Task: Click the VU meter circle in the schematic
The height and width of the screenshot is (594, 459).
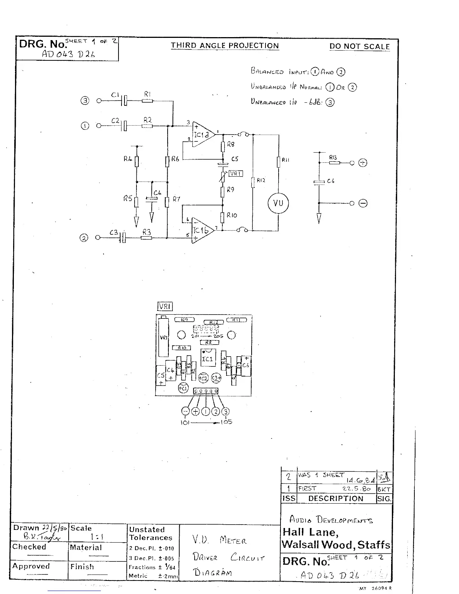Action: (278, 204)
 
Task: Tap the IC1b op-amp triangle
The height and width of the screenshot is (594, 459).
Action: (202, 230)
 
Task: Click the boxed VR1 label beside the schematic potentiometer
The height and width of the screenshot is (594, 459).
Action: (236, 173)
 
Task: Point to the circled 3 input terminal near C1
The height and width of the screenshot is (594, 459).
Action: (85, 100)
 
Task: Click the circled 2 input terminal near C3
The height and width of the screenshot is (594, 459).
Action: (84, 238)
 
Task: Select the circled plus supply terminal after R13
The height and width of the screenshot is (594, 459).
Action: (363, 163)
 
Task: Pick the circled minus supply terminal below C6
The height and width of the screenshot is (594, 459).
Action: (363, 203)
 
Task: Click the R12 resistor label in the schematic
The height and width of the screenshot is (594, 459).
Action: (261, 180)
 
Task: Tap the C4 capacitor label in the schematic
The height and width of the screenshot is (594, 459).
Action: (157, 193)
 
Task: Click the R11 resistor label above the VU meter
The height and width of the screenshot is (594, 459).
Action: (285, 160)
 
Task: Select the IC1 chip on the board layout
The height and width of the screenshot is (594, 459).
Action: (207, 359)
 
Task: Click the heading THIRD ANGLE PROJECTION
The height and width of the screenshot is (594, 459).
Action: (225, 46)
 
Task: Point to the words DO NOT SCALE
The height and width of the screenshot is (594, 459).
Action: (360, 46)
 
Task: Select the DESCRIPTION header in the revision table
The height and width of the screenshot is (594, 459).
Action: (336, 498)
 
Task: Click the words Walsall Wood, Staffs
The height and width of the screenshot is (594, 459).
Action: (336, 544)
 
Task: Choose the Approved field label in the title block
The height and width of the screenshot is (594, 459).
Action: (31, 566)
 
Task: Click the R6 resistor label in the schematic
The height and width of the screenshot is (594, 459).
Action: (175, 159)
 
